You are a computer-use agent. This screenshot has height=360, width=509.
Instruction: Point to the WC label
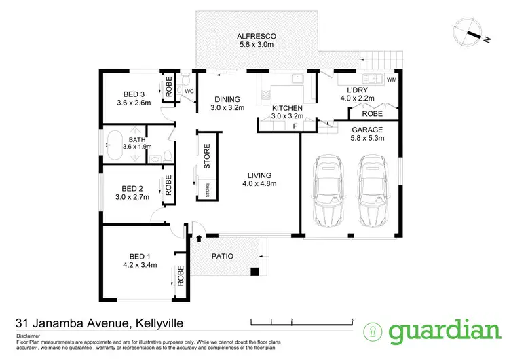pos(189,90)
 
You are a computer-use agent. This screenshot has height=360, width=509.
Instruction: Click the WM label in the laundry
pos(392,80)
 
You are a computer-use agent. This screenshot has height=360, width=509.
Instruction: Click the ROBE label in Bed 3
pos(168,87)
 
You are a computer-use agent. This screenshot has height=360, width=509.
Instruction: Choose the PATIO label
pos(223,257)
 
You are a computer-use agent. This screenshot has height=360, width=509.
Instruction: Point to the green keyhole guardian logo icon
pos(373,331)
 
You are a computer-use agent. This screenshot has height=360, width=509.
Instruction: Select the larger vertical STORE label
pos(208,156)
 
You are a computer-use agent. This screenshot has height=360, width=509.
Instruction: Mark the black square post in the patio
pos(254,272)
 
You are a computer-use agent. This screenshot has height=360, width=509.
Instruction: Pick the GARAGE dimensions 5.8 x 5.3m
pos(368,139)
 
